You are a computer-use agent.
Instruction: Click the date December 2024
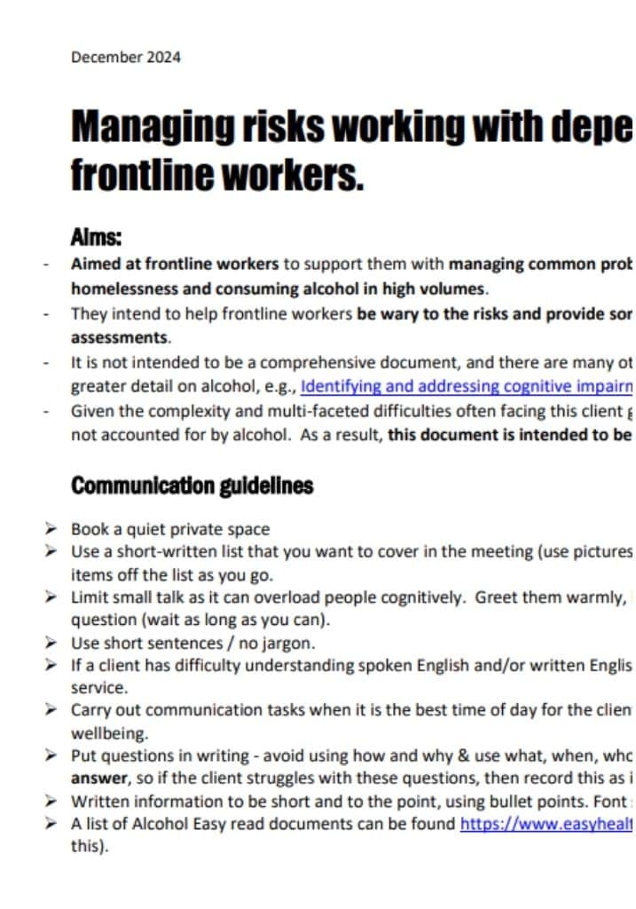[125, 58]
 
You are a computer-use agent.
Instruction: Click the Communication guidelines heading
[192, 486]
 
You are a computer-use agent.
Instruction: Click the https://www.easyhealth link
[545, 823]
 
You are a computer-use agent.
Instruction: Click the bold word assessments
[119, 338]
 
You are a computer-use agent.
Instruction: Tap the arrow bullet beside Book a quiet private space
[52, 529]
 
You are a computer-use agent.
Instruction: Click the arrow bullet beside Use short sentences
[52, 643]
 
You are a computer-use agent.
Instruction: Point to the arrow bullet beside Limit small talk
[52, 597]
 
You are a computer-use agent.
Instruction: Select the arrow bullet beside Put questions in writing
[52, 755]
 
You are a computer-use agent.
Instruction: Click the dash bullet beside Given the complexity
[46, 412]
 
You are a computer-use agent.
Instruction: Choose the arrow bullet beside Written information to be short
[52, 802]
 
